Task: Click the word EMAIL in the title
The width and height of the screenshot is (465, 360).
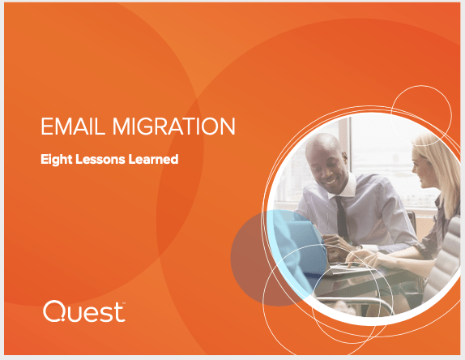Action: pos(73,126)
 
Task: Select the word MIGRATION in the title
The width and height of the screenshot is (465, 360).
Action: pos(174,126)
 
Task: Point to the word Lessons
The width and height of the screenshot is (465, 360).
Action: pos(100,159)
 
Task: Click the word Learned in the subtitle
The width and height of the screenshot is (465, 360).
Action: pos(153,159)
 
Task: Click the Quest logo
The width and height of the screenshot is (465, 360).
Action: pos(84,311)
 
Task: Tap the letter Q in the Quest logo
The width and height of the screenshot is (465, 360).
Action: pos(54,311)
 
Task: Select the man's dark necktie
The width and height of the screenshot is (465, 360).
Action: pos(342,219)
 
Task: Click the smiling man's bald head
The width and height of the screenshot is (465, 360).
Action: pos(325,145)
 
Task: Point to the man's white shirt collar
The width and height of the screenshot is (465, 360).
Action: pos(345,188)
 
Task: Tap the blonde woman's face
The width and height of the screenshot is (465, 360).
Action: pos(422,169)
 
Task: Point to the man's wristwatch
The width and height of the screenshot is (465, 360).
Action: pos(359,247)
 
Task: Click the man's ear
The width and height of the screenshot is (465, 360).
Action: pos(344,158)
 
